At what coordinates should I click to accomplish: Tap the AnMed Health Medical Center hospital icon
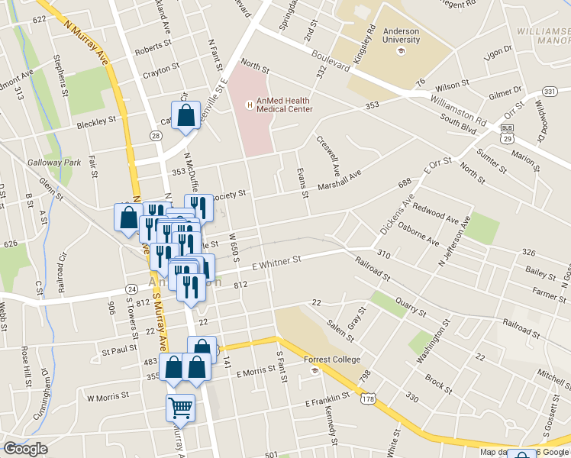tap(247, 105)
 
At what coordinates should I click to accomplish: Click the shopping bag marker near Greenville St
tap(186, 116)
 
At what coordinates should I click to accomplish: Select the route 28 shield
tap(156, 136)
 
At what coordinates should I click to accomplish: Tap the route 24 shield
tap(132, 289)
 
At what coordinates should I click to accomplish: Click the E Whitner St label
tap(277, 263)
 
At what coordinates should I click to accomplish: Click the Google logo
tap(25, 449)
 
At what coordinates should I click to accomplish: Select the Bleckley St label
tap(97, 120)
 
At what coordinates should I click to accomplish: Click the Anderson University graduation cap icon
tap(400, 51)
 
